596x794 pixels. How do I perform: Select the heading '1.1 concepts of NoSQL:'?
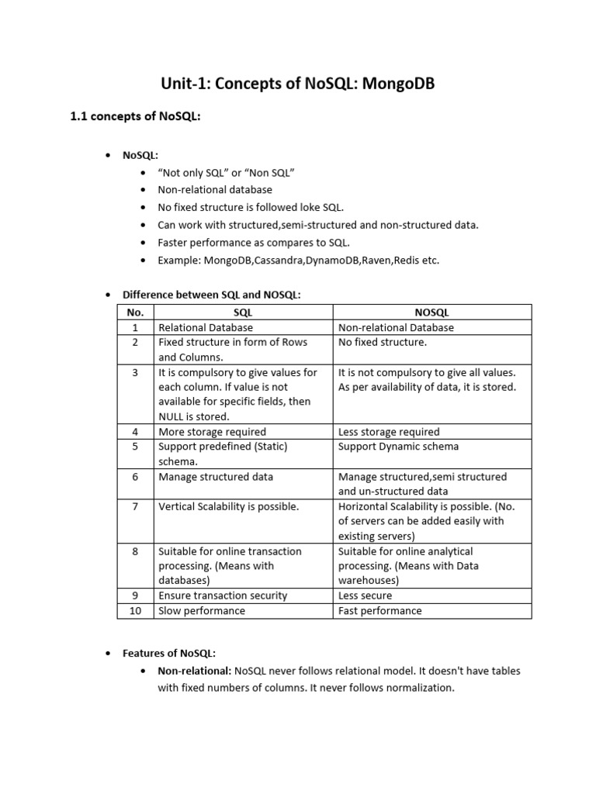pyautogui.click(x=136, y=117)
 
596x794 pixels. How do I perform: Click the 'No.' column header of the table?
pyautogui.click(x=135, y=312)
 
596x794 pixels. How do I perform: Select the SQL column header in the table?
pyautogui.click(x=243, y=312)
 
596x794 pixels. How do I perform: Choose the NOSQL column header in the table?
pyautogui.click(x=431, y=312)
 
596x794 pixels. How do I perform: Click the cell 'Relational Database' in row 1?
pyautogui.click(x=206, y=327)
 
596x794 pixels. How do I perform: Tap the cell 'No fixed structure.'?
pyautogui.click(x=383, y=342)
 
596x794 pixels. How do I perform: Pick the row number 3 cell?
pyautogui.click(x=135, y=373)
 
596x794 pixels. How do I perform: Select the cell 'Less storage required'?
pyautogui.click(x=389, y=432)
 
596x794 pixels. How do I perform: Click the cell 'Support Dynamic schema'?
pyautogui.click(x=398, y=447)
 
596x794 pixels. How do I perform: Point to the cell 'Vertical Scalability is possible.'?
pyautogui.click(x=228, y=506)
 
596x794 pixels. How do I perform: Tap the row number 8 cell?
pyautogui.click(x=135, y=551)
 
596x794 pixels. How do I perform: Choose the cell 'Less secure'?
pyautogui.click(x=365, y=595)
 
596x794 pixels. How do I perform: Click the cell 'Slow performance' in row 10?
pyautogui.click(x=202, y=611)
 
